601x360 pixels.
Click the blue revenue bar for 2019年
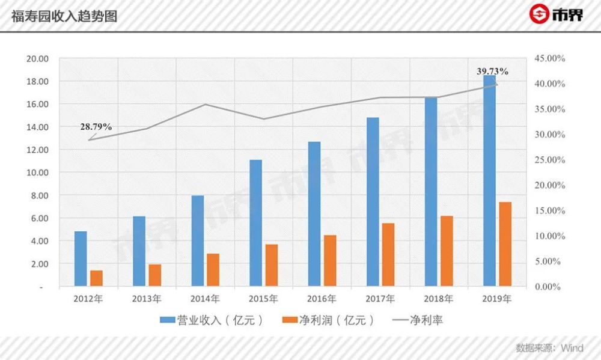point(490,180)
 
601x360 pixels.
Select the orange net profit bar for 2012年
point(96,278)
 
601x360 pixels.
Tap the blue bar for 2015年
point(256,223)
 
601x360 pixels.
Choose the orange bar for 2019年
point(505,244)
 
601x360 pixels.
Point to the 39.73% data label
point(492,72)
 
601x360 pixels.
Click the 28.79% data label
point(97,127)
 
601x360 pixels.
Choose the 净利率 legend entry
point(427,320)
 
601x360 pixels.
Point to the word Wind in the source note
point(572,347)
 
